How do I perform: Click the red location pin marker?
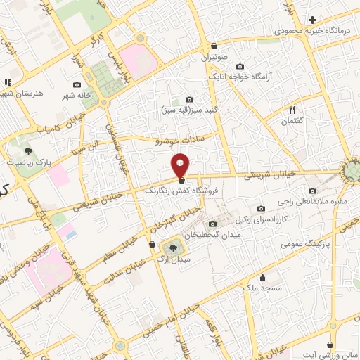[x=180, y=164]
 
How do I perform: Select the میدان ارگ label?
[x=172, y=260]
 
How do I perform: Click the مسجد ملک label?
[x=261, y=288]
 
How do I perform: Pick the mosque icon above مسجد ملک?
[x=262, y=277]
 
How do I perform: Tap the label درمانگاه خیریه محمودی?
[x=312, y=32]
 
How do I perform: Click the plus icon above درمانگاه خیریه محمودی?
[x=312, y=20]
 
